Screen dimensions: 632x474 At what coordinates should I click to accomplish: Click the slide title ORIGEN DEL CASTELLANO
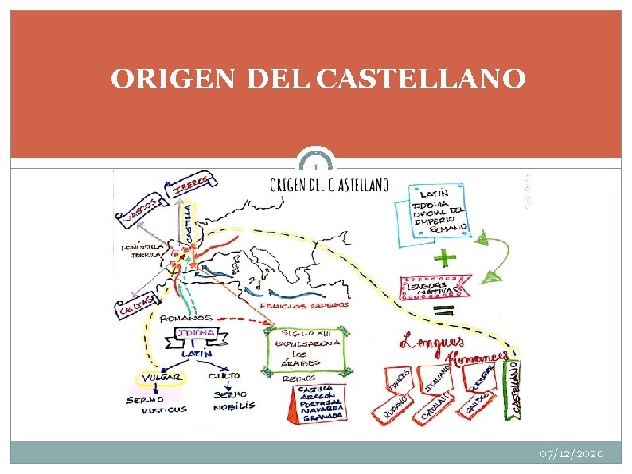pyautogui.click(x=318, y=79)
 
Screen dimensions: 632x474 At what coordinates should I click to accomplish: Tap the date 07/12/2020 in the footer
pyautogui.click(x=572, y=453)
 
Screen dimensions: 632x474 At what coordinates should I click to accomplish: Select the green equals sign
pyautogui.click(x=445, y=308)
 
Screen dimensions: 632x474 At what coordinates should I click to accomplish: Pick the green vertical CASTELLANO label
pyautogui.click(x=515, y=388)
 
